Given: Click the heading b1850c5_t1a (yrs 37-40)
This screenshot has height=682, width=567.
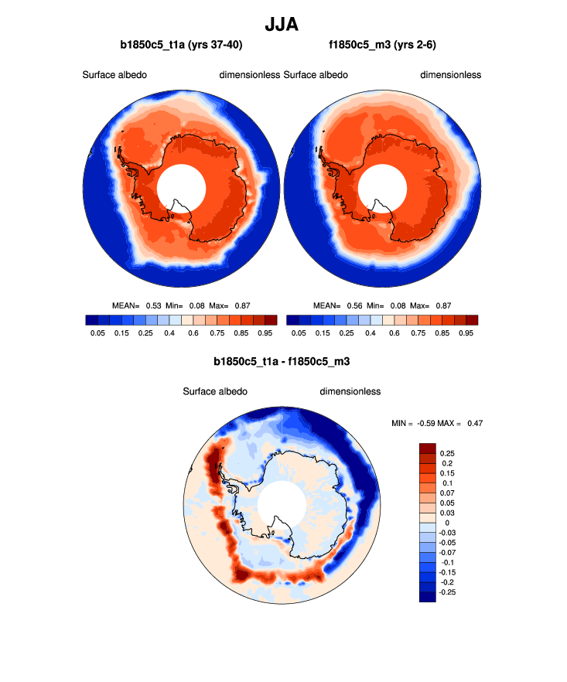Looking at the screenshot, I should coord(181,45).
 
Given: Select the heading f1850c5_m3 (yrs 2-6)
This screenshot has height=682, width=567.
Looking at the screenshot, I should coord(382,45).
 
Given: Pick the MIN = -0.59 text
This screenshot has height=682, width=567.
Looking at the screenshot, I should coord(415,423).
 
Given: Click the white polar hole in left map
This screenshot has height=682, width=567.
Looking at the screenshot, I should coord(181,189).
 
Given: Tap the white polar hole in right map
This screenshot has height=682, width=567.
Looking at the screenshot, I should coord(382,189).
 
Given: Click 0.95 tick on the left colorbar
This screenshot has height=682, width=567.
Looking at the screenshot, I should coord(265,333).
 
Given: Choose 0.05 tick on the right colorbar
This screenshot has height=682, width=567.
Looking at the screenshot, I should coord(298,333).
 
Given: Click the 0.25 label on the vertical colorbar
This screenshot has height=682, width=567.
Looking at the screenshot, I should coord(446,454).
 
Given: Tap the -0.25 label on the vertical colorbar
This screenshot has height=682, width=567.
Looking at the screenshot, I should coord(448,592).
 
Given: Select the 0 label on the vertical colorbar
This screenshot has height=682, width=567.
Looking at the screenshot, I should coord(441,523).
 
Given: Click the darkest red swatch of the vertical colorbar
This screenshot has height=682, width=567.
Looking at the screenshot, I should coord(427,448).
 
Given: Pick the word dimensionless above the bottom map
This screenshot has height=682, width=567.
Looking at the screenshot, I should coord(350,391).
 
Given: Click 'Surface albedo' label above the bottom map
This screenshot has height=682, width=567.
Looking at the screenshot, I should coord(215,391).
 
